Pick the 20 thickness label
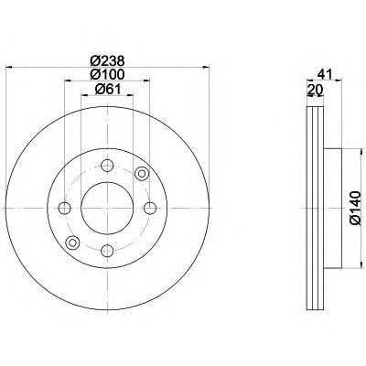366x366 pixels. [317, 91]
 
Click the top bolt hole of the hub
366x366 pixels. [108, 166]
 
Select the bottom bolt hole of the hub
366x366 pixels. [108, 251]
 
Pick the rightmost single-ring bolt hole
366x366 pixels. [151, 208]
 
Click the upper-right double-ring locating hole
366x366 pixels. [141, 174]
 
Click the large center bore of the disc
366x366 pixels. [108, 208]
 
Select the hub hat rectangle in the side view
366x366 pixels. [332, 208]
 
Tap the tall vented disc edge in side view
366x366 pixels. [313, 208]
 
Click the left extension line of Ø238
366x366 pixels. [7, 137]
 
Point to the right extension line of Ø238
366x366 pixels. [210, 137]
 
